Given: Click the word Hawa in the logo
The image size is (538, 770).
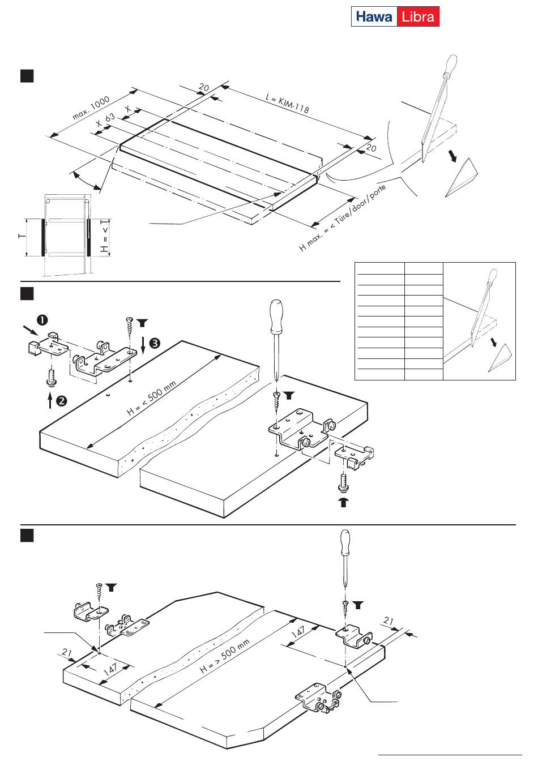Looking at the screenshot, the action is (x=374, y=16).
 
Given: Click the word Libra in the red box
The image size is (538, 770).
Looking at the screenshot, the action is (x=418, y=16).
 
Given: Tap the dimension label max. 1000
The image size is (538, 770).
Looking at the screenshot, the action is (x=91, y=108).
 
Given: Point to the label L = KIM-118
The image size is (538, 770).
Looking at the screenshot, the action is (x=287, y=104).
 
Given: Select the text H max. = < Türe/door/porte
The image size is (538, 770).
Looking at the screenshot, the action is (x=343, y=217).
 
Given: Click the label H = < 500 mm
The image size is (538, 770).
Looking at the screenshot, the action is (x=151, y=398).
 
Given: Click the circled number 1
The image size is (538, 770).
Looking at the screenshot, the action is (x=42, y=320).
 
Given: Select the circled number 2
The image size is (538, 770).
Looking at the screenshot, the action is (x=62, y=401).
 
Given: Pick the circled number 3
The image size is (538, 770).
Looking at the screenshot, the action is (x=155, y=343).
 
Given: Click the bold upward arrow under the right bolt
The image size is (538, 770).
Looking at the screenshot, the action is (x=343, y=502).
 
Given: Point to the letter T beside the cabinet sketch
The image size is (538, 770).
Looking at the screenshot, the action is (x=22, y=236).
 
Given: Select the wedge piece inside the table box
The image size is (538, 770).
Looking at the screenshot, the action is (x=500, y=358).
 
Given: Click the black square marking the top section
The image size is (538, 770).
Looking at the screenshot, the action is (x=27, y=76).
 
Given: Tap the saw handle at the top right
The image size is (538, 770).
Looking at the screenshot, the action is (x=451, y=65).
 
